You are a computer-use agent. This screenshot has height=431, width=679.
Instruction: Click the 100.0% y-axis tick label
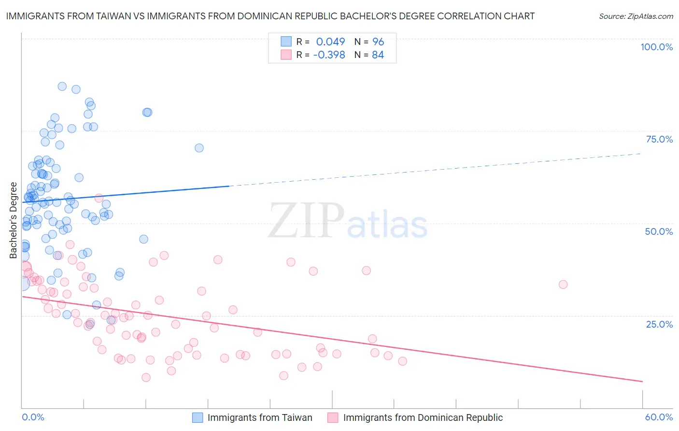tap(656, 47)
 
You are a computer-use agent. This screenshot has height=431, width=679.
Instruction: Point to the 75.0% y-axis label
tap(659, 139)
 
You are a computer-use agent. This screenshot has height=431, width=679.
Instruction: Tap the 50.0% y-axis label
tap(659, 231)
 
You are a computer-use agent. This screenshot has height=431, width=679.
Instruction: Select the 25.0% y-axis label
tap(659, 324)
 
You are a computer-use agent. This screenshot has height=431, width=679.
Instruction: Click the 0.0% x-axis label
tap(33, 417)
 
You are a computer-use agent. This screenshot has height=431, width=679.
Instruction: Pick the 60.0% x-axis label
tap(659, 417)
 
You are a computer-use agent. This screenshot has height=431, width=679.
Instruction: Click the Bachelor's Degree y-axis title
tap(14, 220)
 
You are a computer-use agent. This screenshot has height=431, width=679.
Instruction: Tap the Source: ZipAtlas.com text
tap(636, 16)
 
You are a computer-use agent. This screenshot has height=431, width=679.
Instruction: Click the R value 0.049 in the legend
tap(330, 42)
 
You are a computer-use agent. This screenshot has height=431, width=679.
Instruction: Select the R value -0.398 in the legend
tap(329, 55)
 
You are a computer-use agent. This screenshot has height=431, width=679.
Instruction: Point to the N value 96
tap(378, 42)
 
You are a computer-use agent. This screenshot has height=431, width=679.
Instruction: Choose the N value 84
tap(378, 55)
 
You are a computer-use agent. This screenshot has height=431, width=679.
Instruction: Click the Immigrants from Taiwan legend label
tap(260, 417)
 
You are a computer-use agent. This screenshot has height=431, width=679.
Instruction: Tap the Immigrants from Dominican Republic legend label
tap(423, 417)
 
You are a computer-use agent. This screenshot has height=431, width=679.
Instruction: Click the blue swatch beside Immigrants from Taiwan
tap(198, 417)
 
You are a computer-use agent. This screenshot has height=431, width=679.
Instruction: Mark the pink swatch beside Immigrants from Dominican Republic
tap(333, 417)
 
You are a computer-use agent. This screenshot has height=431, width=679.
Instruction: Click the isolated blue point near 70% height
tap(199, 148)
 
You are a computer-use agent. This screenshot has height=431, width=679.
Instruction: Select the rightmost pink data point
tap(563, 285)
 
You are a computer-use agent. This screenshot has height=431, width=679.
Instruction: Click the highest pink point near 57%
tap(99, 198)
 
